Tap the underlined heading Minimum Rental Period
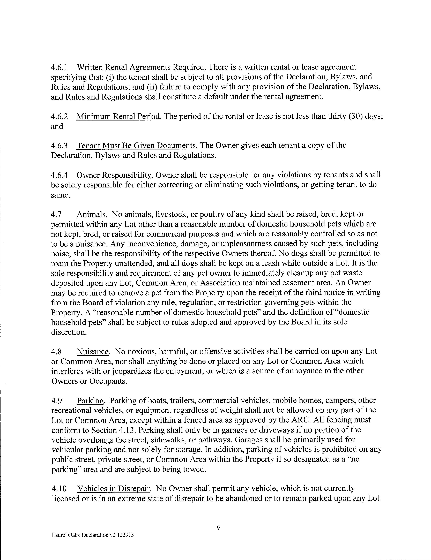(118, 117)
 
